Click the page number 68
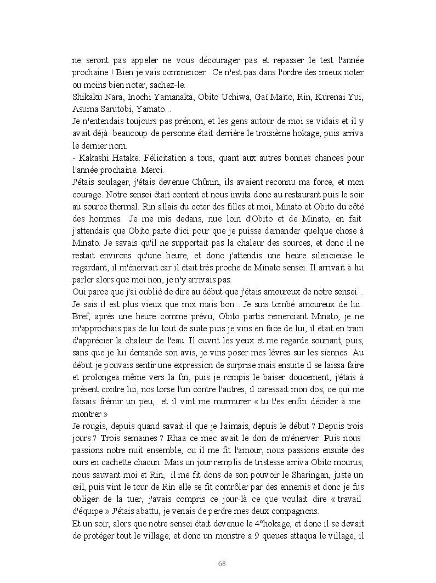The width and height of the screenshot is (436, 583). pos(222,563)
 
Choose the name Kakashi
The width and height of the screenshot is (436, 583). pos(93,158)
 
